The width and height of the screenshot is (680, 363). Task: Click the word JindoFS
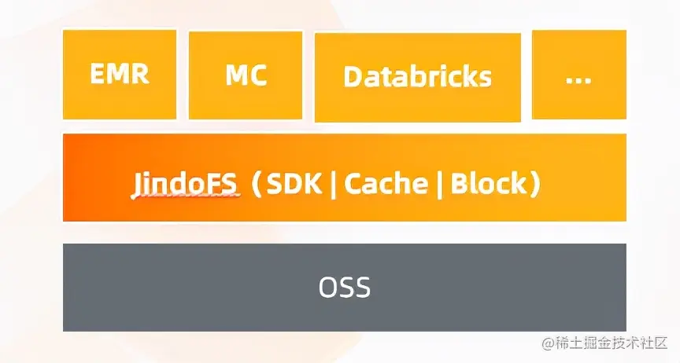coord(184,184)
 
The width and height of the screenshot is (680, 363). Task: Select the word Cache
coord(386,184)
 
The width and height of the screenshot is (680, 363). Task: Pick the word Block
coord(487,184)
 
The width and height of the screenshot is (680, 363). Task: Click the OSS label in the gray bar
coord(345,288)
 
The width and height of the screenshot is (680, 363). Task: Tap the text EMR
coord(119,75)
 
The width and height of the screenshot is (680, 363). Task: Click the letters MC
coord(246,75)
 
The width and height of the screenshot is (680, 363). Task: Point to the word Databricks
coord(417,77)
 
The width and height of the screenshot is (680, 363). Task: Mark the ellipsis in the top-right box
coord(578,79)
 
